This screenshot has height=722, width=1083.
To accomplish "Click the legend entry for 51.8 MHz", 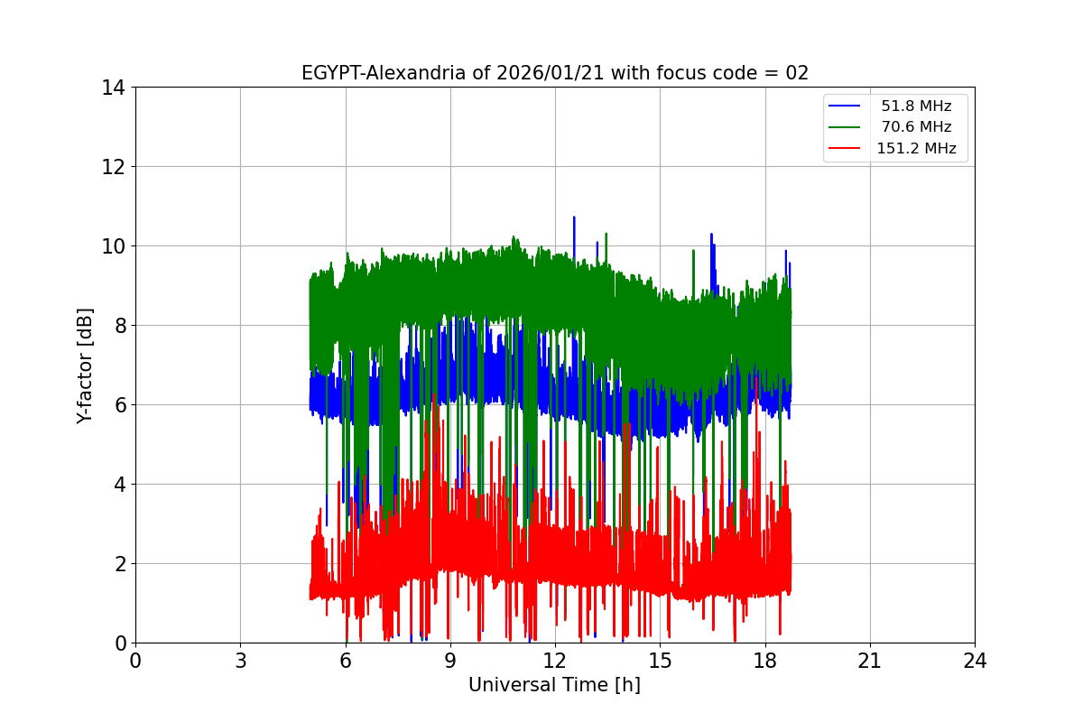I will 916,106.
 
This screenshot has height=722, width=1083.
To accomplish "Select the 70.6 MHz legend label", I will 916,127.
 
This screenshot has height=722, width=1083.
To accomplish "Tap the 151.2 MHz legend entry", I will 916,149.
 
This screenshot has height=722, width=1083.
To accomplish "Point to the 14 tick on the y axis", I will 113,88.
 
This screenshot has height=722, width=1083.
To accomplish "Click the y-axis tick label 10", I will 113,246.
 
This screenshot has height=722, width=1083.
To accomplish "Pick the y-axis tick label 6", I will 118,405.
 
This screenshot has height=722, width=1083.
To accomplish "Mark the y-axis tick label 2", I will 118,564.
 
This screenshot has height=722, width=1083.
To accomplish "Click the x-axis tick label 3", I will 240,661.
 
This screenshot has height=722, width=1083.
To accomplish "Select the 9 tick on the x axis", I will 450,661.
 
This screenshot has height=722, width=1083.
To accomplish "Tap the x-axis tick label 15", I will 660,661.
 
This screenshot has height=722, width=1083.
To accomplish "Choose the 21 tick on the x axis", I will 870,661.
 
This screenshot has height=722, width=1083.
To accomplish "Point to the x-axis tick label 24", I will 975,661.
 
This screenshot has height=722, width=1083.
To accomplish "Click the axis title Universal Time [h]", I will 554,685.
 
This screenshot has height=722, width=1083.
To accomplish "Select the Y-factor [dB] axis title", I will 85,365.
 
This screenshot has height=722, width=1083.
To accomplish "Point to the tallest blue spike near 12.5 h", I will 574,218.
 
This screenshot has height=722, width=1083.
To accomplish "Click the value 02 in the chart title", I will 797,73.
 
